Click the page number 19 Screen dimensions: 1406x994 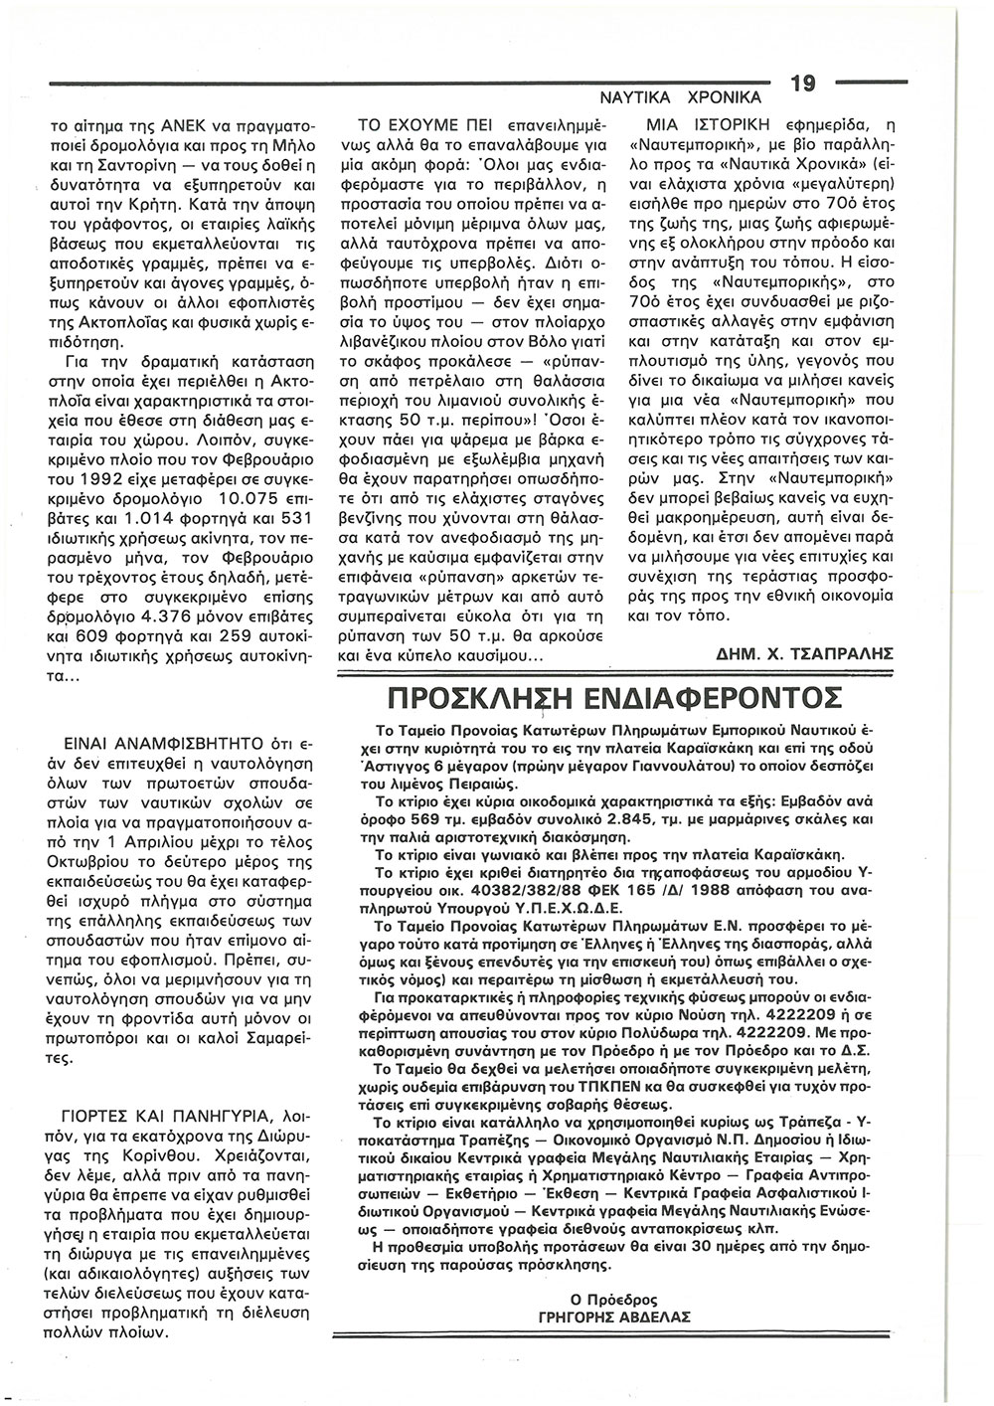pos(803,85)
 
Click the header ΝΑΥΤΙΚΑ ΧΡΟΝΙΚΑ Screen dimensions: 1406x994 pos(681,97)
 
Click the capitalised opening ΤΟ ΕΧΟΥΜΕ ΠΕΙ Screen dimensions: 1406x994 pos(423,127)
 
